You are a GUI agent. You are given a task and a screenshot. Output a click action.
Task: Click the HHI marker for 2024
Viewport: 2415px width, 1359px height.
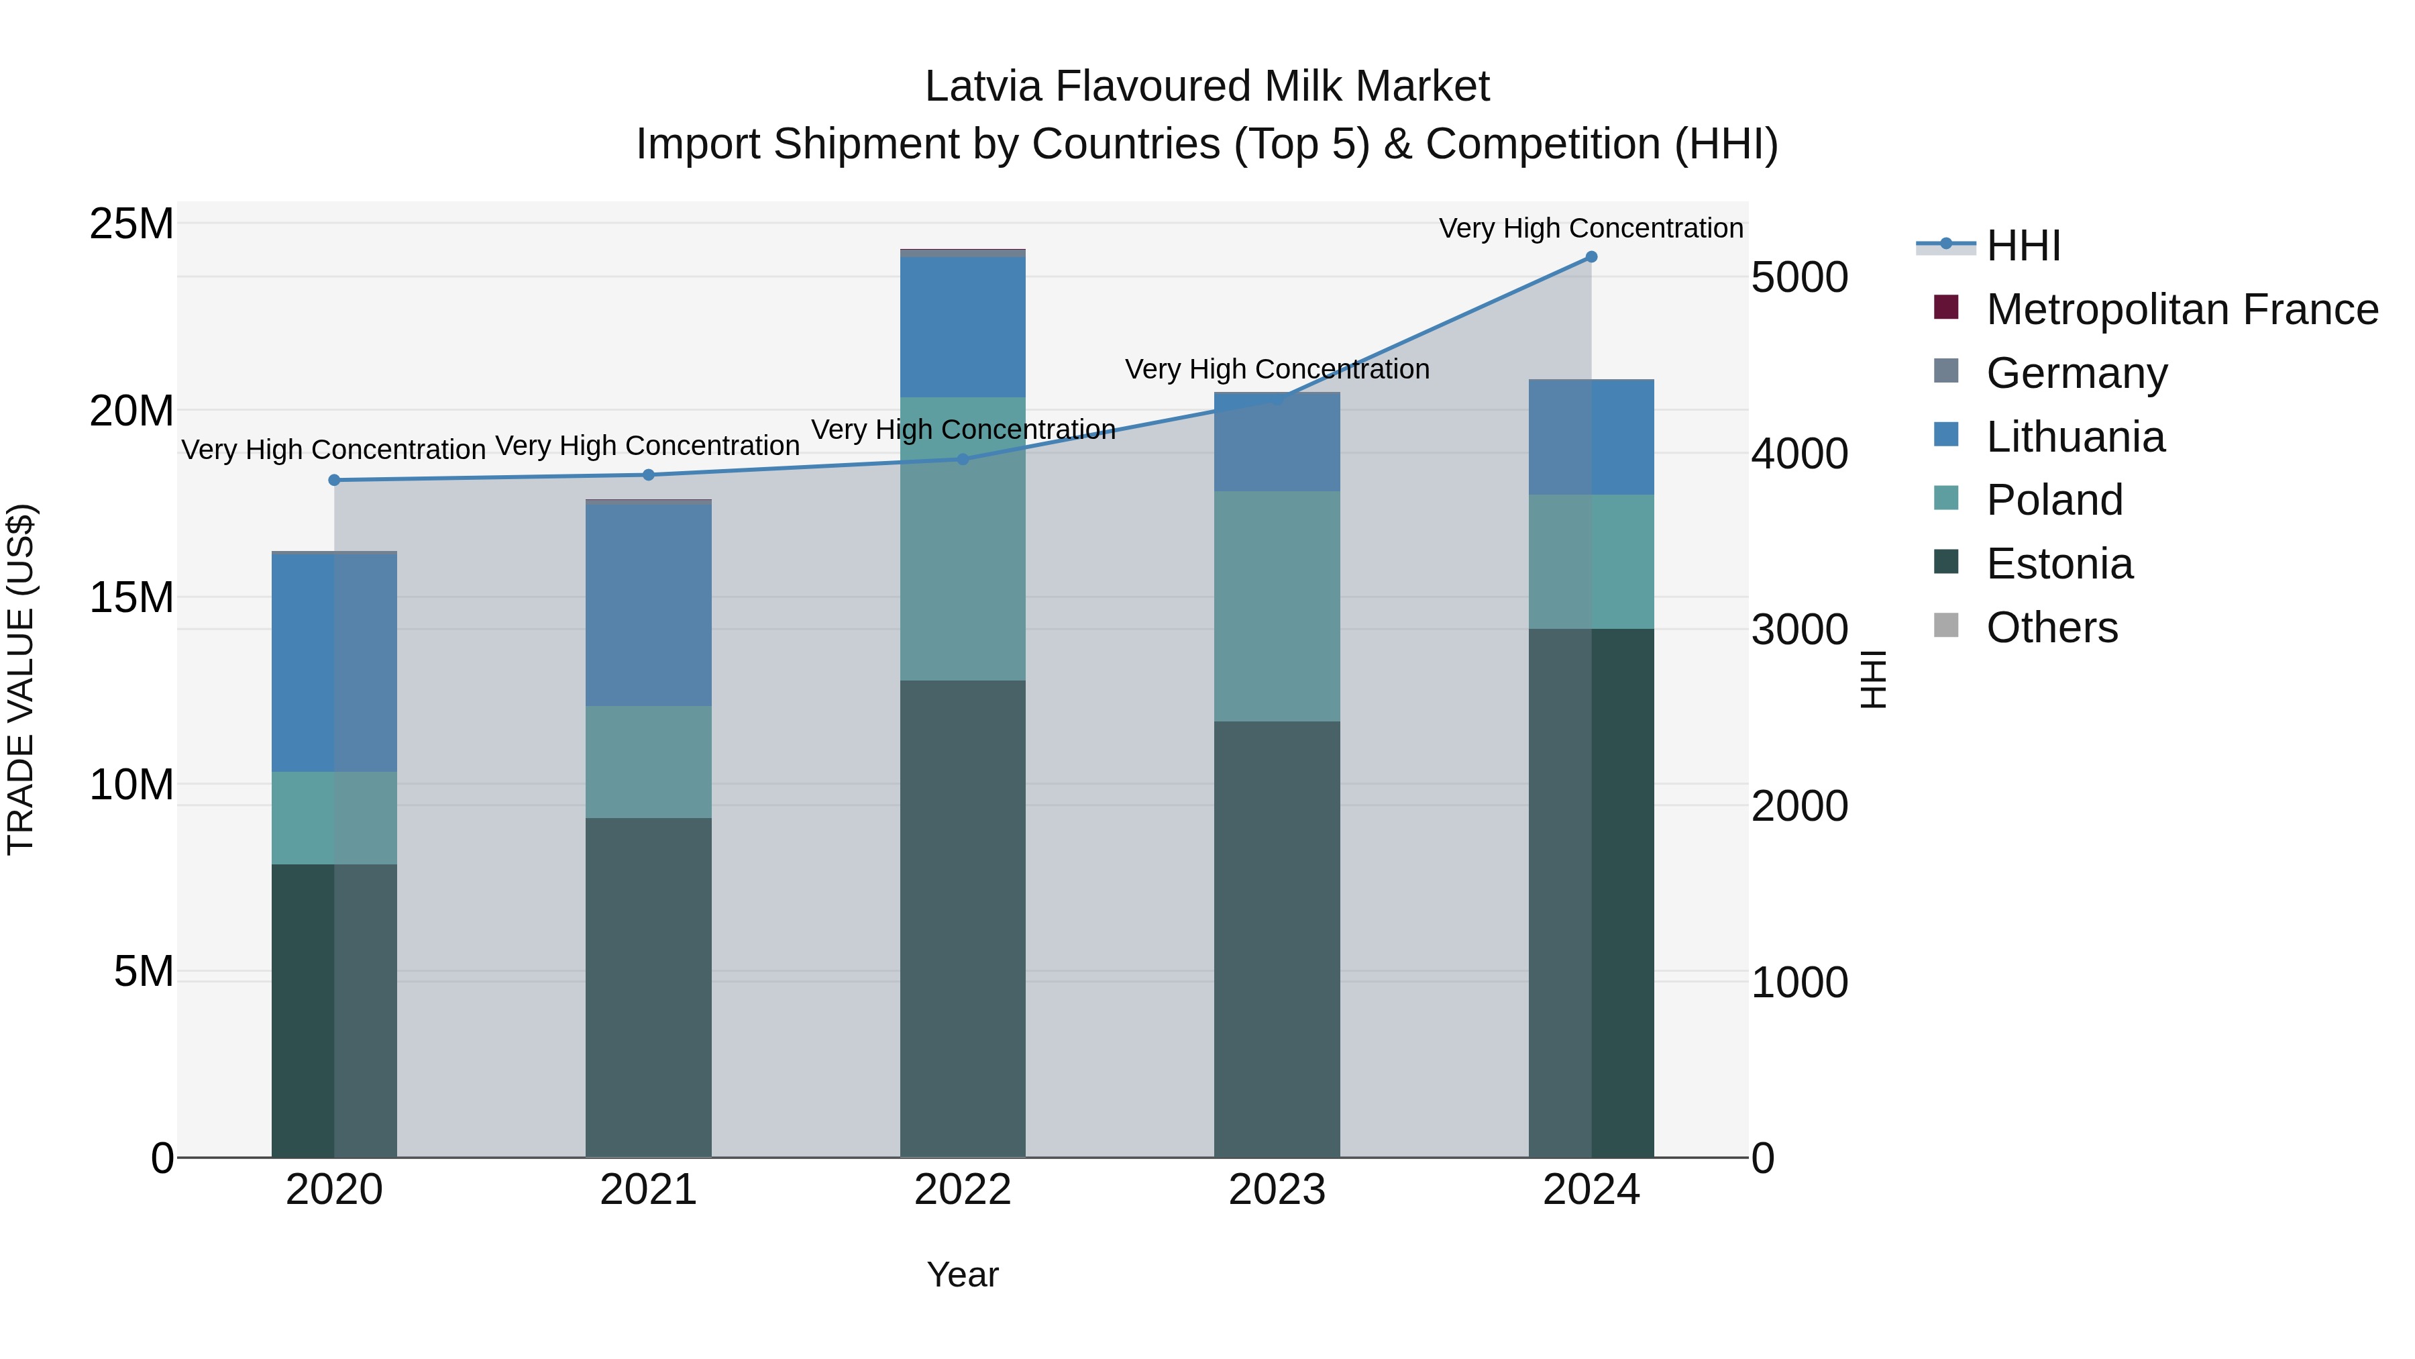coord(1591,257)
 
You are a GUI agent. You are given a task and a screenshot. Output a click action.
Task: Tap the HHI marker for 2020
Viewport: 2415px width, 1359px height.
coord(335,481)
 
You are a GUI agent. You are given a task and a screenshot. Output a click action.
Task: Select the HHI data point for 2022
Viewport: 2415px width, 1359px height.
coord(963,458)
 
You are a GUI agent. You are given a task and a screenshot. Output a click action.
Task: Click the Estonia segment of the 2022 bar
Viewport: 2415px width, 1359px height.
coord(963,919)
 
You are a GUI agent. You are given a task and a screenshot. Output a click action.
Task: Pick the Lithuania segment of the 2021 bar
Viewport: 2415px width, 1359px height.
coord(649,605)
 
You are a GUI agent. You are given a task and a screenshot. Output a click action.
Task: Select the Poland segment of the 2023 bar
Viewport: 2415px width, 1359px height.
coord(1277,606)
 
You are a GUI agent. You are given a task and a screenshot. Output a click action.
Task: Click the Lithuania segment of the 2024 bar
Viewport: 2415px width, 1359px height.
coord(1591,437)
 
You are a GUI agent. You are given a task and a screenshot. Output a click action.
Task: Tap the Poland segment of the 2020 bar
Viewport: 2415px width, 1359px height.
coord(335,818)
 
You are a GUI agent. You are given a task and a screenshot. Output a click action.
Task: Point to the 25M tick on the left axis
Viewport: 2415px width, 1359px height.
coord(131,224)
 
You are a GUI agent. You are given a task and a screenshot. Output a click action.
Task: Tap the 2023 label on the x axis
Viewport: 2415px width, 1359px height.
coord(1277,1190)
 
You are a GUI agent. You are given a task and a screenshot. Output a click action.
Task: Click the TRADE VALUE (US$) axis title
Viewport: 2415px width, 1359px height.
coord(21,679)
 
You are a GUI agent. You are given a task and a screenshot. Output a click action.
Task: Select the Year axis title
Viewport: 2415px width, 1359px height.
coord(963,1274)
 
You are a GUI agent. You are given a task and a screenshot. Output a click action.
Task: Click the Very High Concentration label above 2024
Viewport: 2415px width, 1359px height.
coord(1591,228)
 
